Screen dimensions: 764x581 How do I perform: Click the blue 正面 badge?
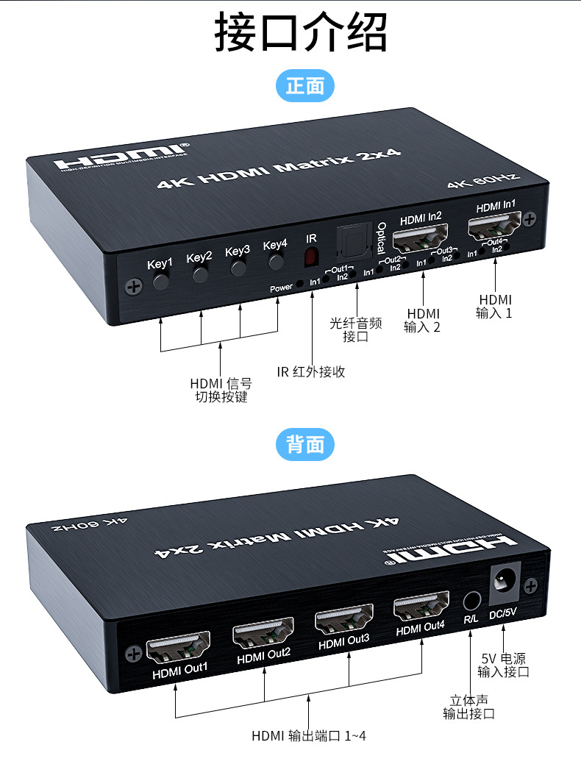[304, 86]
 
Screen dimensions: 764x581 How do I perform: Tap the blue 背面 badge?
[304, 444]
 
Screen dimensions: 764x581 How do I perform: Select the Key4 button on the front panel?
[277, 263]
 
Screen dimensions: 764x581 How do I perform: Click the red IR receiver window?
[312, 257]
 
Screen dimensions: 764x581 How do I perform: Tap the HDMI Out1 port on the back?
[179, 649]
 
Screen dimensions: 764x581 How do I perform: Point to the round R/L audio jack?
[471, 601]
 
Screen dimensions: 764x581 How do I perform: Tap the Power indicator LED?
[299, 285]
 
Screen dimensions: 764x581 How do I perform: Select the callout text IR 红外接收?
[310, 371]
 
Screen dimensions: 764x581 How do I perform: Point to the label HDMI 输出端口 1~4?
[308, 735]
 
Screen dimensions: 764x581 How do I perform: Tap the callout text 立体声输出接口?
[468, 707]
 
